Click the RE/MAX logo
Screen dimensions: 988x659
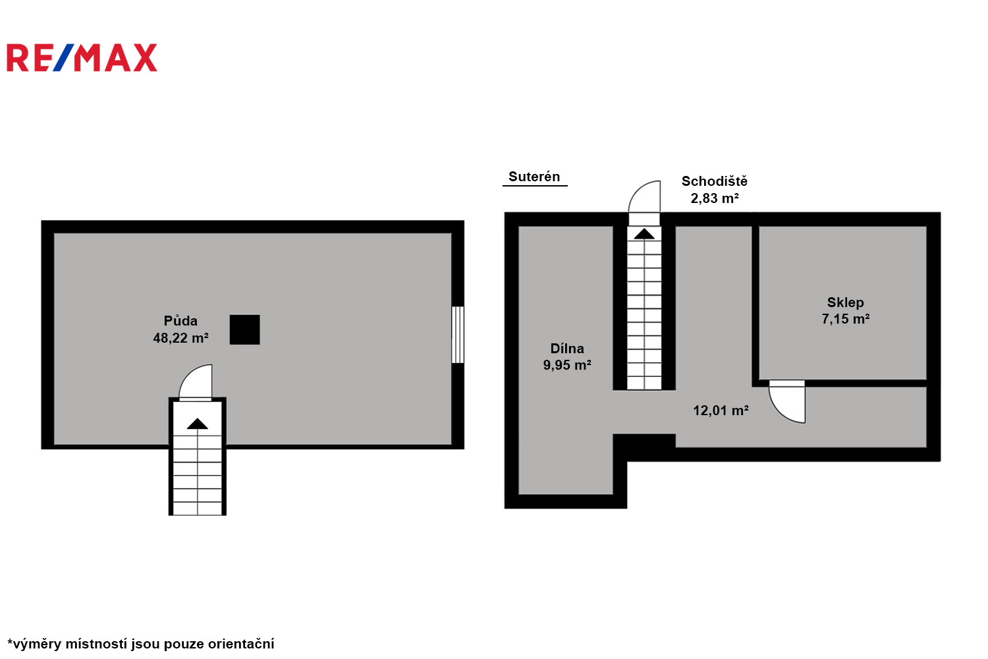[82, 57]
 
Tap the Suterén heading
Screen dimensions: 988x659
[534, 177]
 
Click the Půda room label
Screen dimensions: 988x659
[180, 321]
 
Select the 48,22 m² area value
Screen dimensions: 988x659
[181, 338]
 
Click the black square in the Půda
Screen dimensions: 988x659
[245, 329]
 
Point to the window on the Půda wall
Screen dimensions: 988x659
[458, 335]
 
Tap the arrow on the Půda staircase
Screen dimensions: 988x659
[197, 424]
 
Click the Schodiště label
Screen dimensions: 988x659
[715, 181]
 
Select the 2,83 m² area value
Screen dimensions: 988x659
[715, 198]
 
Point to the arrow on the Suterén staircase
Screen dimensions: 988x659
[644, 234]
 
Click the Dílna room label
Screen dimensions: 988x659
[567, 349]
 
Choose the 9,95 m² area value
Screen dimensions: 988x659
[567, 365]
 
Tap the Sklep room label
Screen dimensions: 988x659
[846, 302]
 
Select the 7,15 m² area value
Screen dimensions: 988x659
[846, 319]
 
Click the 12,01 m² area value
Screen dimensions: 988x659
[721, 411]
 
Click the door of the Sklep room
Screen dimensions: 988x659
[787, 402]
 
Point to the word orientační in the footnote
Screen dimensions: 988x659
[241, 644]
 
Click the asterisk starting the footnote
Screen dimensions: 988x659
[10, 641]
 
